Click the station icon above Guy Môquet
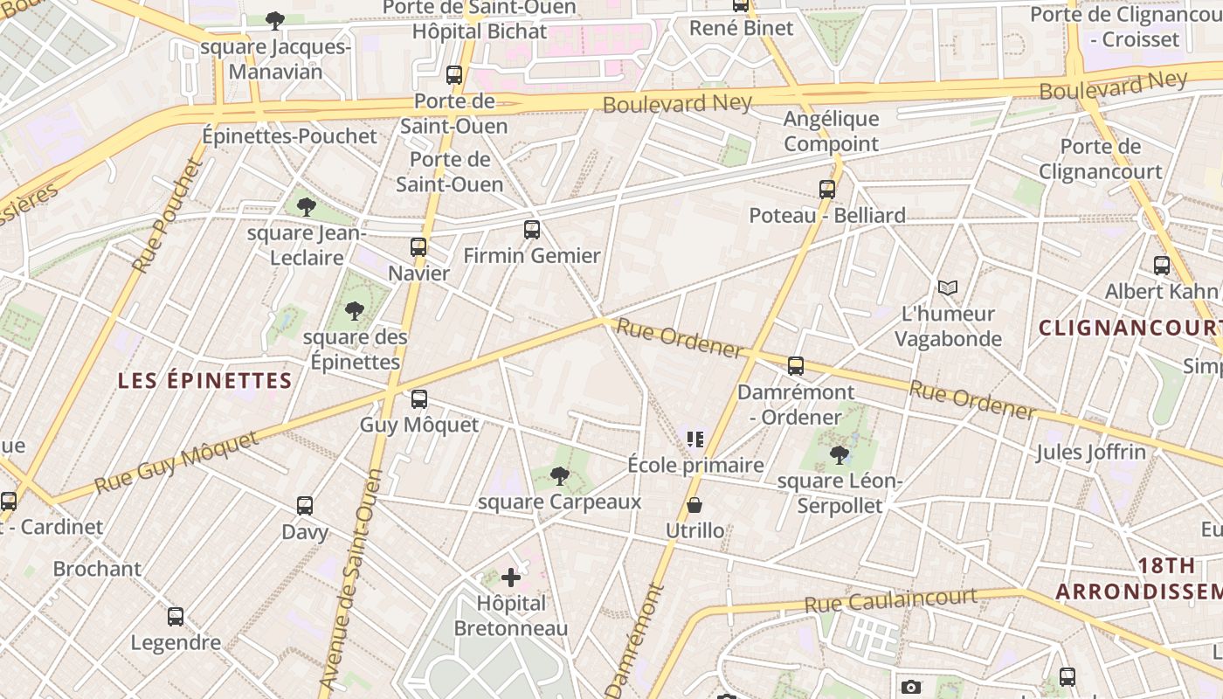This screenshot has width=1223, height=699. click(x=419, y=399)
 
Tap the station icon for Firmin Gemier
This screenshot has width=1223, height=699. click(x=532, y=230)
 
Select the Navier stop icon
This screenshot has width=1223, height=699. click(x=418, y=247)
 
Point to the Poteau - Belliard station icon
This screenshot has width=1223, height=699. click(x=826, y=189)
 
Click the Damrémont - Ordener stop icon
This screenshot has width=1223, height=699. click(x=795, y=366)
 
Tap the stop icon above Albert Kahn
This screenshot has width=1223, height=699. click(x=1161, y=266)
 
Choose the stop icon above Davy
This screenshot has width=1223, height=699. click(x=304, y=506)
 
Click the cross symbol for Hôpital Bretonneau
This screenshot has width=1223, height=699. click(x=511, y=578)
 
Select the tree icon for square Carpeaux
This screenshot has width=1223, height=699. click(x=560, y=476)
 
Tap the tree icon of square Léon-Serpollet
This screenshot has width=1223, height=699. click(x=839, y=454)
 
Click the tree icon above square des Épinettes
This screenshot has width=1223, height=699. click(x=354, y=310)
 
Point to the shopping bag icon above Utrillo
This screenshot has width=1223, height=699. click(x=694, y=505)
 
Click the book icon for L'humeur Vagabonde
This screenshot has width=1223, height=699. click(x=947, y=287)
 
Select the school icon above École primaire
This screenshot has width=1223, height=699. click(x=695, y=439)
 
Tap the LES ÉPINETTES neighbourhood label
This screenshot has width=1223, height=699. click(x=204, y=380)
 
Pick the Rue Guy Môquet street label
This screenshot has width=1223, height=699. click(x=176, y=462)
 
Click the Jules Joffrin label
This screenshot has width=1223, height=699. click(x=1090, y=452)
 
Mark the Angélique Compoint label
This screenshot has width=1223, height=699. click(x=831, y=131)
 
